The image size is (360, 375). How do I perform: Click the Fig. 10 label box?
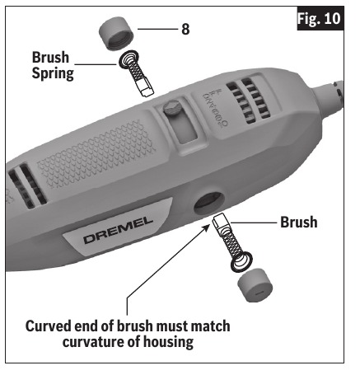point(320,18)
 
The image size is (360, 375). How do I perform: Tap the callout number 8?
point(185,29)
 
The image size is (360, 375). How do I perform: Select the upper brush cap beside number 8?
point(116,34)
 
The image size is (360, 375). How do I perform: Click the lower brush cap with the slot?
point(255,285)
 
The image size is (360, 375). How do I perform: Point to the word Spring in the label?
point(53,73)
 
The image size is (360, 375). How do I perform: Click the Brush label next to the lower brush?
point(299,222)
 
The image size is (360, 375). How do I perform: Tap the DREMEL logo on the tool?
point(119,230)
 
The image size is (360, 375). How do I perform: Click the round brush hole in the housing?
point(209,204)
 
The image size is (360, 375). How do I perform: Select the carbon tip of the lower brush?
point(221,222)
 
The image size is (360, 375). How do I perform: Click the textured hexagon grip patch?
point(96,154)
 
